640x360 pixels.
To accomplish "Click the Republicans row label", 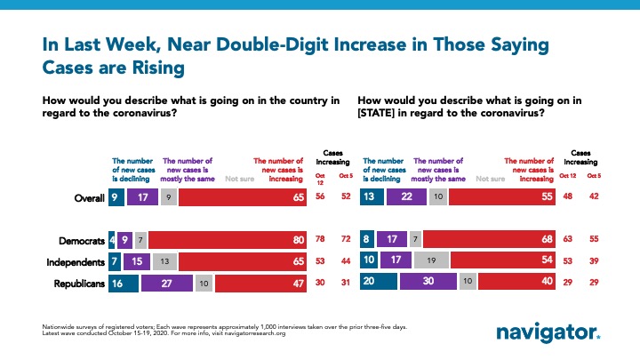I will pyautogui.click(x=76, y=283).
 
